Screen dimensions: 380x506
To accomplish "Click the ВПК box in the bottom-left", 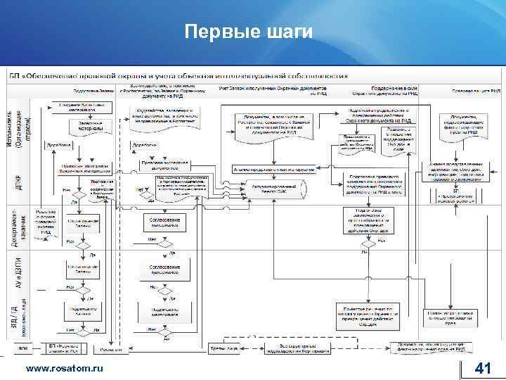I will [x=23, y=348].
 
